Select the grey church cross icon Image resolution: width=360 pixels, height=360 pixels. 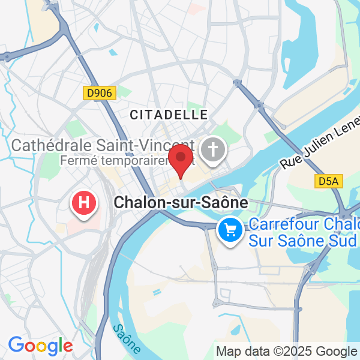click(212, 149)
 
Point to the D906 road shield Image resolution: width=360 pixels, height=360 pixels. click(99, 93)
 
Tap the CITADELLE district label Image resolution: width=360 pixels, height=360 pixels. click(169, 114)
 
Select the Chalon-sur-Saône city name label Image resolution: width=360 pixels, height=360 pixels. click(181, 203)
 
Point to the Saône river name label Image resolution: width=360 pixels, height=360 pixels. click(126, 338)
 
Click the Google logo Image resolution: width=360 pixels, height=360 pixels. click(40, 346)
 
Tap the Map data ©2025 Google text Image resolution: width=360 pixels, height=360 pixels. click(287, 351)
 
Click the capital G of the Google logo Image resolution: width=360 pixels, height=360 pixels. click(16, 345)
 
